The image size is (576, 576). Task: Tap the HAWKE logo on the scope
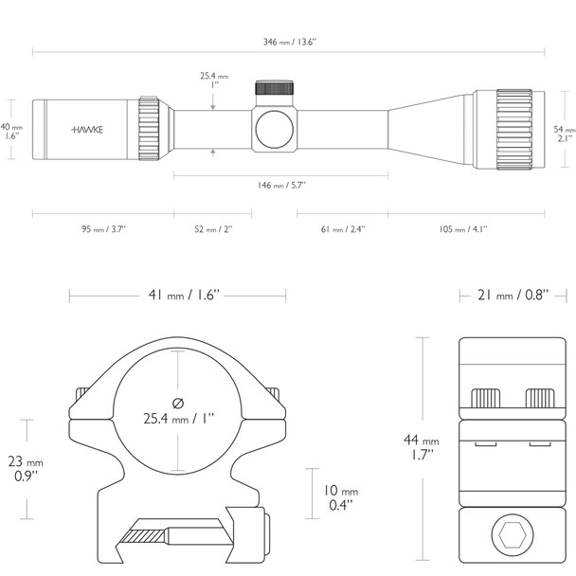87,129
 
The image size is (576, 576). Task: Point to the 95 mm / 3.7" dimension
102,228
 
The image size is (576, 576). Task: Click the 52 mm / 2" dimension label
212,228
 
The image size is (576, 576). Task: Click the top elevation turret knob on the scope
276,89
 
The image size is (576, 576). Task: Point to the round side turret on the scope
276,126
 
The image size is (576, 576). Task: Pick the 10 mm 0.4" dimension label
337,497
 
